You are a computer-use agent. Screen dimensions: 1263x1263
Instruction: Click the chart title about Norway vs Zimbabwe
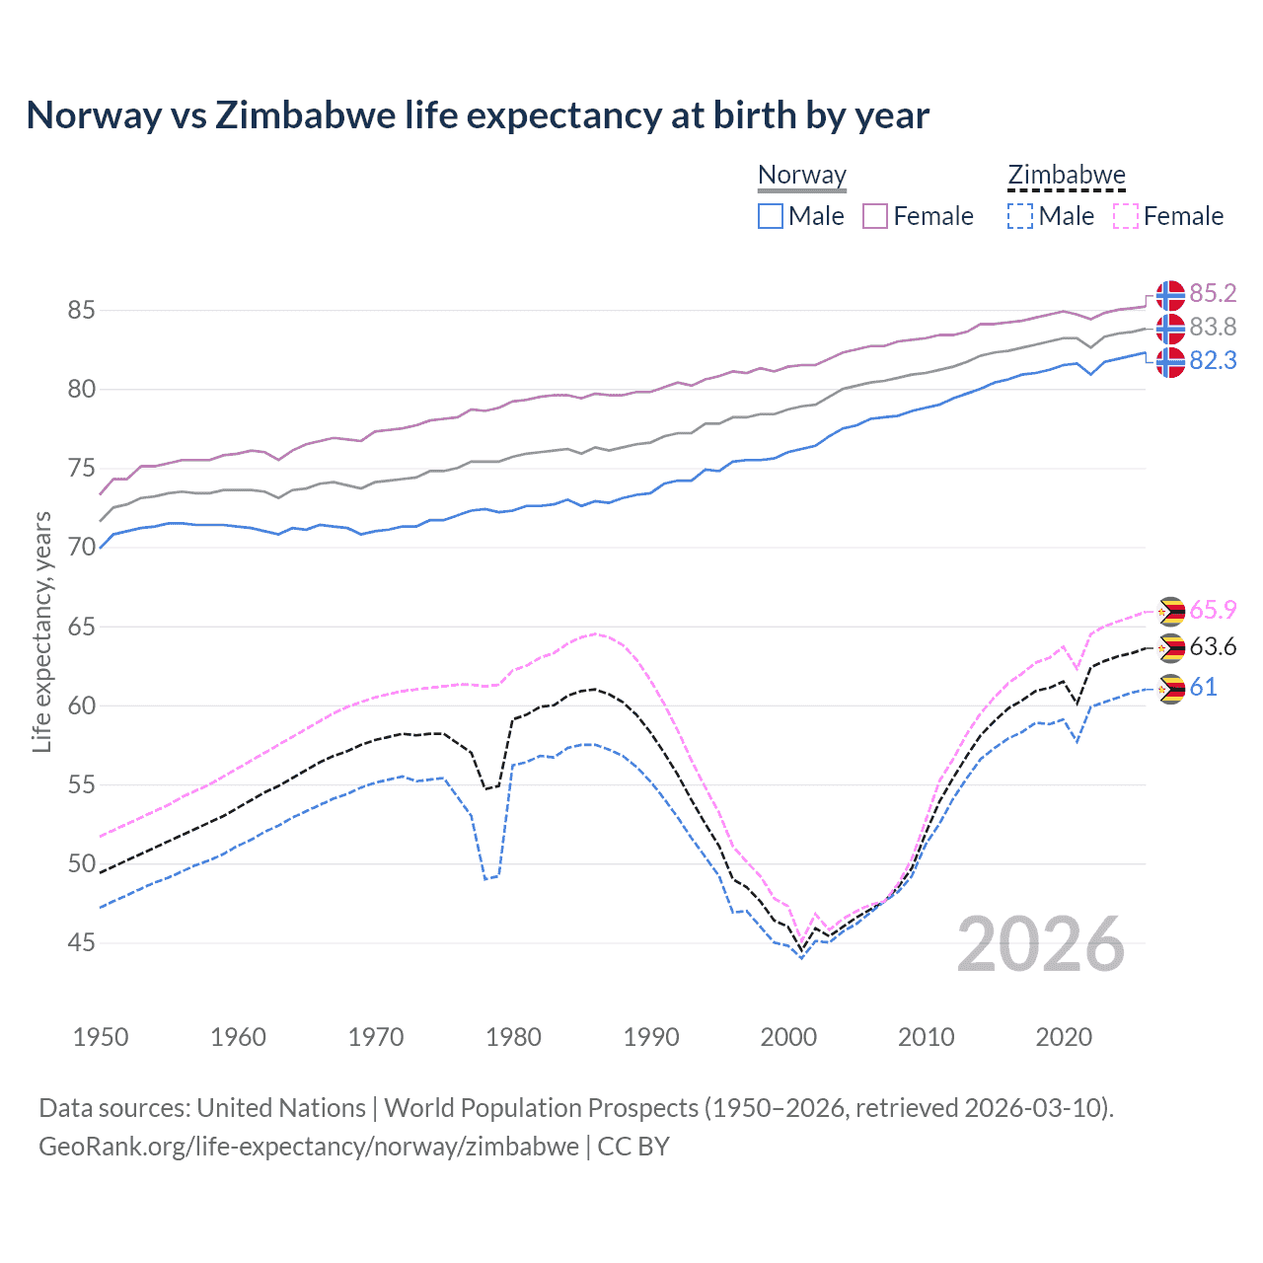[x=478, y=115]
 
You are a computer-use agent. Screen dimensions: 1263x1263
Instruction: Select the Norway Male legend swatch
[x=771, y=216]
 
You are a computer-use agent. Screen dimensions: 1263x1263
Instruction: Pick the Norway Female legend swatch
[x=875, y=216]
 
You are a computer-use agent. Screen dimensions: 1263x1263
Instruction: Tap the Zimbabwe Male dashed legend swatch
[x=1020, y=216]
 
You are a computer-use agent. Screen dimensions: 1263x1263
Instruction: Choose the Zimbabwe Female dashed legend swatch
[x=1126, y=216]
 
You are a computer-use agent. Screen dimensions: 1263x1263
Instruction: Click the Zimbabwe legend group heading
[x=1067, y=176]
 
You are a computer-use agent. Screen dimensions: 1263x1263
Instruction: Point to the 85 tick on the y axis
[x=81, y=310]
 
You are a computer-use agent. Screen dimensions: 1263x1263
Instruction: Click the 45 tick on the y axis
[x=81, y=943]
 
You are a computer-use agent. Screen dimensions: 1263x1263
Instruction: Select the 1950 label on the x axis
[x=101, y=1037]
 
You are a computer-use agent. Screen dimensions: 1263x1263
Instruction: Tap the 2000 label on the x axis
[x=788, y=1037]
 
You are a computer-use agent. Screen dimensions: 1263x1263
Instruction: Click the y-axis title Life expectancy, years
[x=41, y=631]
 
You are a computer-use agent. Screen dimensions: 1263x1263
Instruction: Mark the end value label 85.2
[x=1213, y=293]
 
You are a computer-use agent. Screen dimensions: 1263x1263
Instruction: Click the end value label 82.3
[x=1213, y=361]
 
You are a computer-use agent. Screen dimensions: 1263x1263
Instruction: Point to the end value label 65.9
[x=1213, y=611]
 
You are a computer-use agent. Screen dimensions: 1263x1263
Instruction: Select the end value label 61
[x=1203, y=688]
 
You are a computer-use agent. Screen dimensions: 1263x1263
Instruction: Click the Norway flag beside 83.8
[x=1170, y=328]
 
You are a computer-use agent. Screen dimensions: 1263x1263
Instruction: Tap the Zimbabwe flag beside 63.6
[x=1170, y=648]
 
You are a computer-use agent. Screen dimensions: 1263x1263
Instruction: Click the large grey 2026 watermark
[x=1040, y=944]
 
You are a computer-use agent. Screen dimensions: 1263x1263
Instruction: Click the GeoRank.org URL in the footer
[x=309, y=1147]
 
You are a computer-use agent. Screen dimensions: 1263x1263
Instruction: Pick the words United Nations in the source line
[x=281, y=1108]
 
